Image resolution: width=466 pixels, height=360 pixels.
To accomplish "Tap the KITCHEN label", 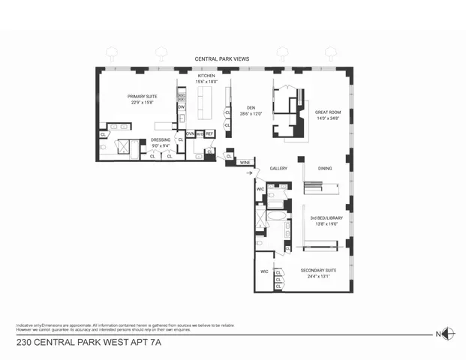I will coord(207,76).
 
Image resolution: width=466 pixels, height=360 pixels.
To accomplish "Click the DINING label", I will coord(324,168).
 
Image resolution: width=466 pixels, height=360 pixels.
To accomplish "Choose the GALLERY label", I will coord(279,168).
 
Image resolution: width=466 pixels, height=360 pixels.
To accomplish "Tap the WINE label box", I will coord(245,162).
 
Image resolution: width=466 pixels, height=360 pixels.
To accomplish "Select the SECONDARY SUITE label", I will coord(318,270).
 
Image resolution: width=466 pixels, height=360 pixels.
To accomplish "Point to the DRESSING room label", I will coord(161,139).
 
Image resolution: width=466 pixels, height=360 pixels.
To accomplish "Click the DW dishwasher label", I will coord(181,107).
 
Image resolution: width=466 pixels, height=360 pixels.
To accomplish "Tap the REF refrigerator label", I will coord(209,133).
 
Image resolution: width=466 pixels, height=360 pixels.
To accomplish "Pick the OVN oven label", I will coord(191,133).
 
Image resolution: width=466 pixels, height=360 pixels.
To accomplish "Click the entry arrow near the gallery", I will coord(250,172).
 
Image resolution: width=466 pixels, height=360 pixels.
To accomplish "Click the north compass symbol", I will coord(447,334).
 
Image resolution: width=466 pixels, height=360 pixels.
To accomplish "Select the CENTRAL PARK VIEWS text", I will coord(222,58).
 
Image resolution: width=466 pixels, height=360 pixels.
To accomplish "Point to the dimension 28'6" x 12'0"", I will coord(251,113).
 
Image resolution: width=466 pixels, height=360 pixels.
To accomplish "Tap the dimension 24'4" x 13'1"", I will coord(318,277).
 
